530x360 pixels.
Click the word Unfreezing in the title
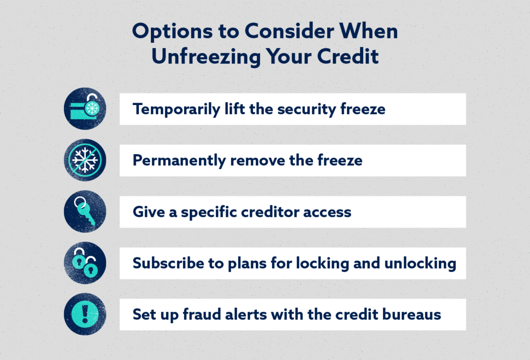[203, 56]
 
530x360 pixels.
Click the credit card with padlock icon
[85, 108]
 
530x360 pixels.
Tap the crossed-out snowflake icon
[85, 160]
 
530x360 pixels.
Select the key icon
[85, 212]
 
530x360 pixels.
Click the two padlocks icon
[85, 263]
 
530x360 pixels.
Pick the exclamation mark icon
[85, 314]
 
